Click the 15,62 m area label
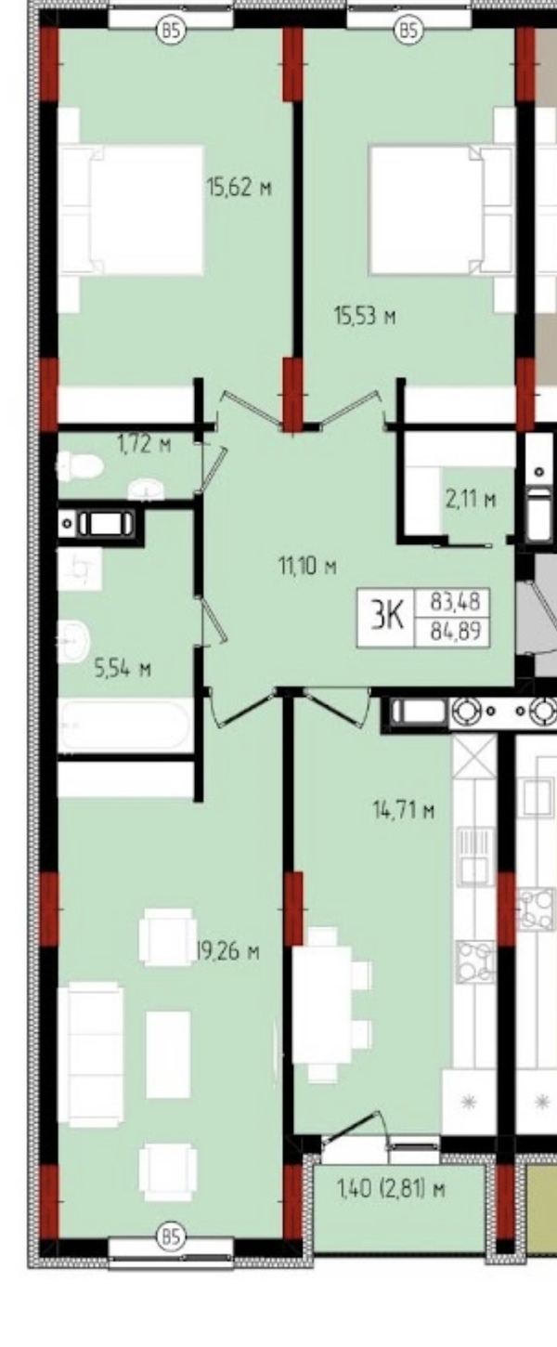pos(240,187)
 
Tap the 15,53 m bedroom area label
pos(365,315)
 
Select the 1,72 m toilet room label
pos(144,445)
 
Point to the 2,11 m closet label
pos(471,499)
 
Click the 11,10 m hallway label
pos(306,566)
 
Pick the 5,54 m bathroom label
pos(123,669)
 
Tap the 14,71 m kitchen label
pos(403,811)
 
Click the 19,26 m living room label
pos(228,952)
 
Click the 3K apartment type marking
pos(387,618)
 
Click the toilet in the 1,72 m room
pos(79,466)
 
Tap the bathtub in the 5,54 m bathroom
pos(125,726)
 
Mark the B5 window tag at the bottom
pos(171,1237)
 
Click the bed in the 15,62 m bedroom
pos(132,210)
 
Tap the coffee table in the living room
pos(168,1054)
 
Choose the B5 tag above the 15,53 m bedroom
pos(408,29)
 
